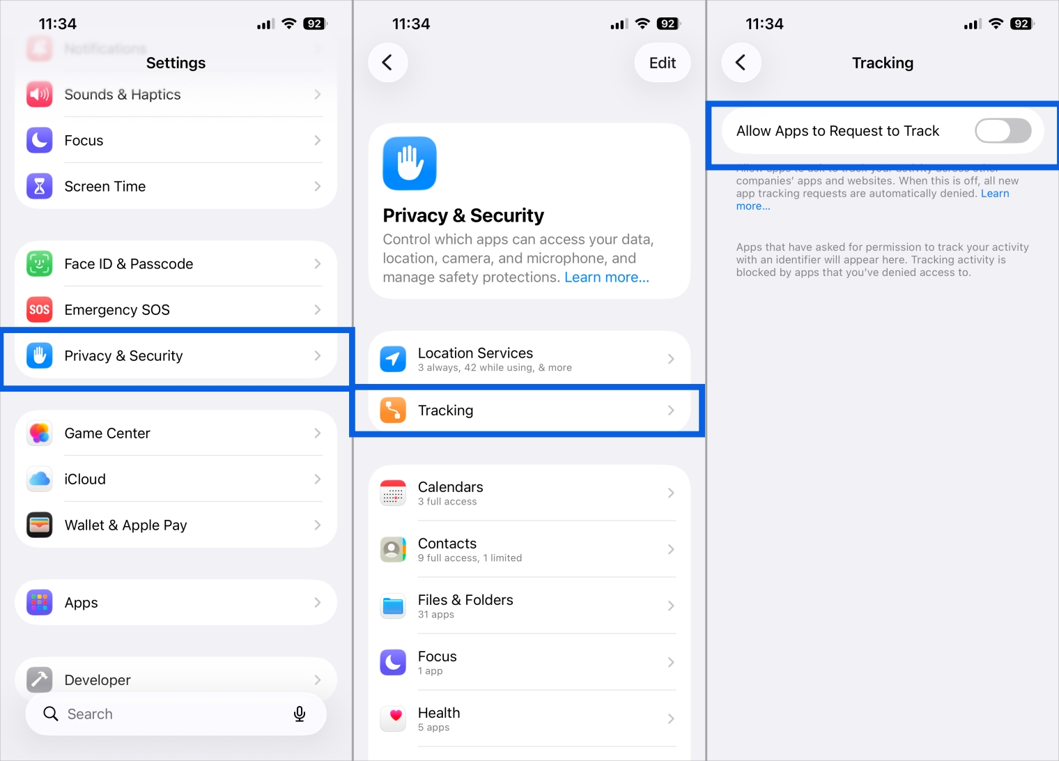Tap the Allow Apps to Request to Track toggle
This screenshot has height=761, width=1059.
click(x=1002, y=130)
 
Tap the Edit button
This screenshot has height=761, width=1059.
click(x=662, y=63)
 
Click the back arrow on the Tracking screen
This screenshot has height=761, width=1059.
click(x=741, y=63)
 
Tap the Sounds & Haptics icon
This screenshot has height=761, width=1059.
click(x=40, y=94)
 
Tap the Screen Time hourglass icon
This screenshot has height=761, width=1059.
click(x=40, y=186)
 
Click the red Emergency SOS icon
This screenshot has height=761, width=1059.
click(x=40, y=309)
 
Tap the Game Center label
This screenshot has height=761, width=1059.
click(x=107, y=433)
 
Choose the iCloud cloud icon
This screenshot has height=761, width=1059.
click(x=40, y=479)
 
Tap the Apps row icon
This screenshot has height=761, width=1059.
click(x=40, y=602)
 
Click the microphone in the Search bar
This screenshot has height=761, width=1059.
click(x=300, y=714)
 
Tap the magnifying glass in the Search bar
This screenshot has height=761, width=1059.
click(x=51, y=714)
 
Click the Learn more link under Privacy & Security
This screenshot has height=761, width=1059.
click(x=606, y=277)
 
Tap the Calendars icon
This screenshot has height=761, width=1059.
click(x=393, y=493)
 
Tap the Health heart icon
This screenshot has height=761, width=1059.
click(x=393, y=718)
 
